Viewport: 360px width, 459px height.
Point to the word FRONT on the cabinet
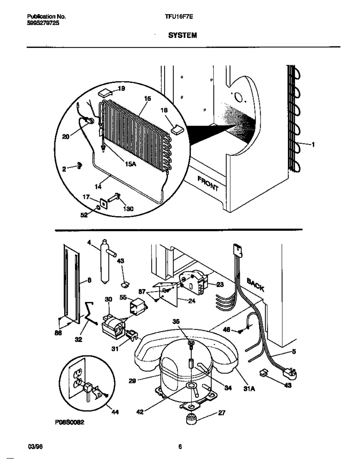208,183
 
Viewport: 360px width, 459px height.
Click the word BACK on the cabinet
256,285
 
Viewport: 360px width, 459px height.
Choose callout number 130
128,209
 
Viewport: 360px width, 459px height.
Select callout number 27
222,413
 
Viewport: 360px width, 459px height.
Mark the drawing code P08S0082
69,423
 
